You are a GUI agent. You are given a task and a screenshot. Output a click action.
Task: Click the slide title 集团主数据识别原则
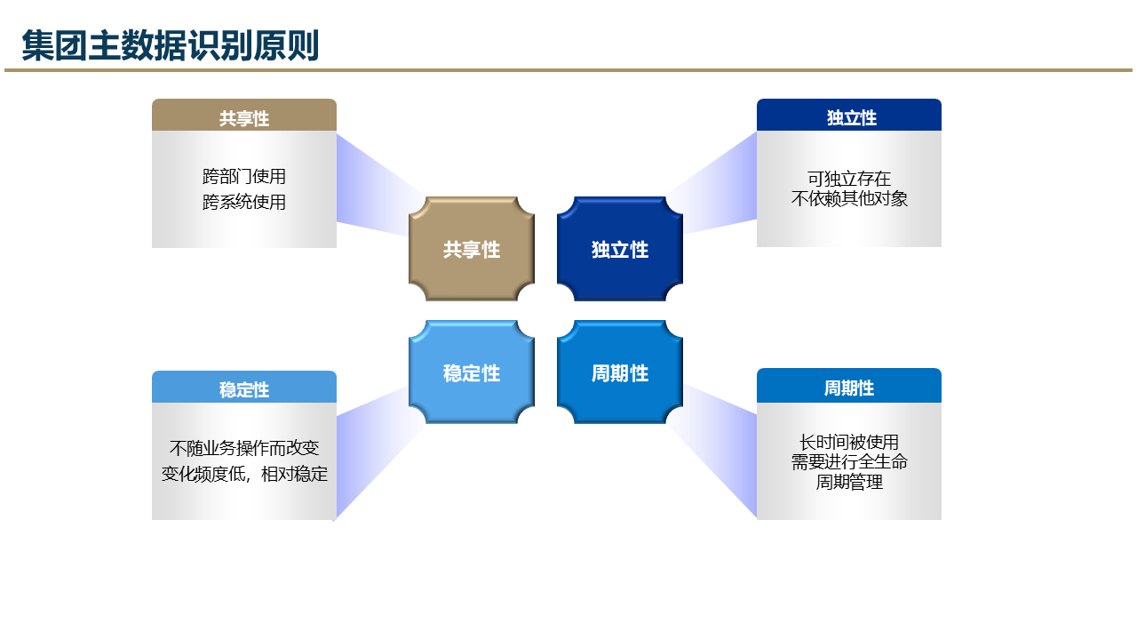point(170,46)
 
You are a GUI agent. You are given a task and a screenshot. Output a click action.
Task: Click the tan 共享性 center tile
point(472,250)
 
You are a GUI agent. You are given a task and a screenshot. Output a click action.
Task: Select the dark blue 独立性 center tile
point(620,250)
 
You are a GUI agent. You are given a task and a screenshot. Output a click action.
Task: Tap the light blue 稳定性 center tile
point(472,373)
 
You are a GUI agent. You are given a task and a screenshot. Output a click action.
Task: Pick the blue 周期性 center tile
point(620,373)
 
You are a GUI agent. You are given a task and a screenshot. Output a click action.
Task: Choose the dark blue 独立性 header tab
point(849,116)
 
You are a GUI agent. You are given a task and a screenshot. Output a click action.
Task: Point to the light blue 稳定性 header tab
point(244,388)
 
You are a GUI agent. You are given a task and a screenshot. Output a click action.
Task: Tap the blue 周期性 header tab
point(849,387)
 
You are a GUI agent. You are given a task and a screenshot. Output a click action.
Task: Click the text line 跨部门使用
point(244,177)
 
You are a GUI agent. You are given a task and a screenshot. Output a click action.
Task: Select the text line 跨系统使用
point(244,202)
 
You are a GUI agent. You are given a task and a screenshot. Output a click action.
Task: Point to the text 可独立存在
point(849,179)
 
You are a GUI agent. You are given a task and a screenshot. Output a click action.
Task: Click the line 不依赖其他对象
point(849,199)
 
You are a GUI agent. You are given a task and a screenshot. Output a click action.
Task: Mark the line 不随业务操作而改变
point(244,448)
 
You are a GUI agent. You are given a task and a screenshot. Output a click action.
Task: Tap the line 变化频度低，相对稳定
point(244,474)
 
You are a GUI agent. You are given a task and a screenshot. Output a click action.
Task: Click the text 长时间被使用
point(849,442)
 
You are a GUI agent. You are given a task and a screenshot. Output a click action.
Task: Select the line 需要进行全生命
point(849,462)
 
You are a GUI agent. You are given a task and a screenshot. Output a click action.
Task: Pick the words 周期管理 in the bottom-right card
point(849,483)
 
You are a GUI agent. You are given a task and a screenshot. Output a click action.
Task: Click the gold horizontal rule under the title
point(568,69)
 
